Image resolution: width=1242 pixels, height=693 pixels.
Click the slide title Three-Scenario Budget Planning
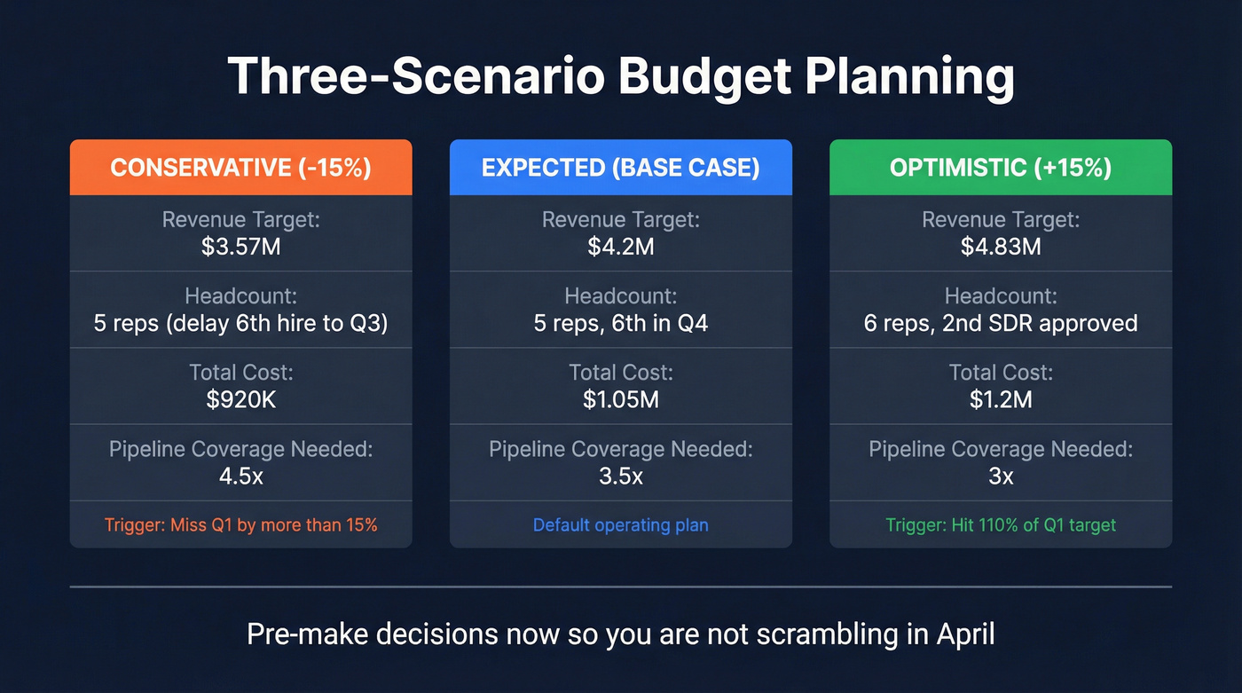pyautogui.click(x=621, y=77)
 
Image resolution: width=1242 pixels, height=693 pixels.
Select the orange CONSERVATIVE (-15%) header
pyautogui.click(x=240, y=168)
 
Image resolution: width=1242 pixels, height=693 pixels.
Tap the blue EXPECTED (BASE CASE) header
pyautogui.click(x=620, y=168)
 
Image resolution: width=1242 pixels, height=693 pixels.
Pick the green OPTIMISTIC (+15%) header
pyautogui.click(x=1000, y=168)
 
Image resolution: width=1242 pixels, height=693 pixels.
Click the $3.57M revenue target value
pyautogui.click(x=240, y=246)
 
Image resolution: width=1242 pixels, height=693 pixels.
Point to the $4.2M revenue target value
pyautogui.click(x=620, y=246)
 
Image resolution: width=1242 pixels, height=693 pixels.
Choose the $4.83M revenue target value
pyautogui.click(x=1000, y=246)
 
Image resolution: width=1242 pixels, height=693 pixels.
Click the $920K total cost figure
pyautogui.click(x=240, y=399)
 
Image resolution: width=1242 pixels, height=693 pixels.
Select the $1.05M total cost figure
pyautogui.click(x=620, y=399)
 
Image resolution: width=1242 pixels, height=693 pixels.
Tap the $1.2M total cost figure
pyautogui.click(x=1000, y=399)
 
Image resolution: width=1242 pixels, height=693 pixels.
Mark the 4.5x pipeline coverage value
pyautogui.click(x=240, y=476)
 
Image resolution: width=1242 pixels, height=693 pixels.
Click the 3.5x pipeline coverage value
pyautogui.click(x=620, y=476)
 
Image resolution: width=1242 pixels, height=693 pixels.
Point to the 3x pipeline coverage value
pyautogui.click(x=1000, y=476)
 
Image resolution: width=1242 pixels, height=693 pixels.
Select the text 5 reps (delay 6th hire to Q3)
pyautogui.click(x=240, y=323)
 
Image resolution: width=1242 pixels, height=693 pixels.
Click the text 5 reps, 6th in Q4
pyautogui.click(x=620, y=323)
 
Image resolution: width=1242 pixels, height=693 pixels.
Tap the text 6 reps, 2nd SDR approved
pyautogui.click(x=1000, y=323)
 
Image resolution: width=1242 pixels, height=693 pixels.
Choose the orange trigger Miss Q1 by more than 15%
pyautogui.click(x=240, y=524)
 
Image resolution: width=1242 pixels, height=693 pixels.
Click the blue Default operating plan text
pyautogui.click(x=620, y=524)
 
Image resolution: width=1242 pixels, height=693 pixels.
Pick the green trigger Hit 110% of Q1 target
pyautogui.click(x=1000, y=524)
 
